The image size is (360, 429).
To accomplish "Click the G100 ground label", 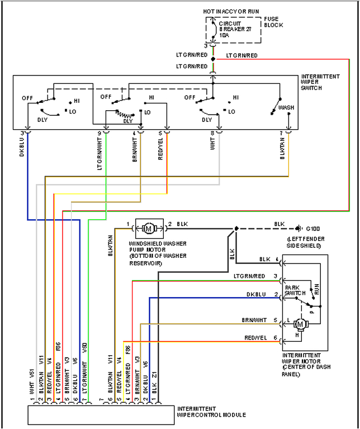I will [x=314, y=229].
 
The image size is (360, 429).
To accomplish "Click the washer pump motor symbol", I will [x=149, y=228].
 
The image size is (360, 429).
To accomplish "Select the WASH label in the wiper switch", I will [x=286, y=107].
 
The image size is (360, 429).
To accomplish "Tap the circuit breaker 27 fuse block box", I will [x=233, y=27].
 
